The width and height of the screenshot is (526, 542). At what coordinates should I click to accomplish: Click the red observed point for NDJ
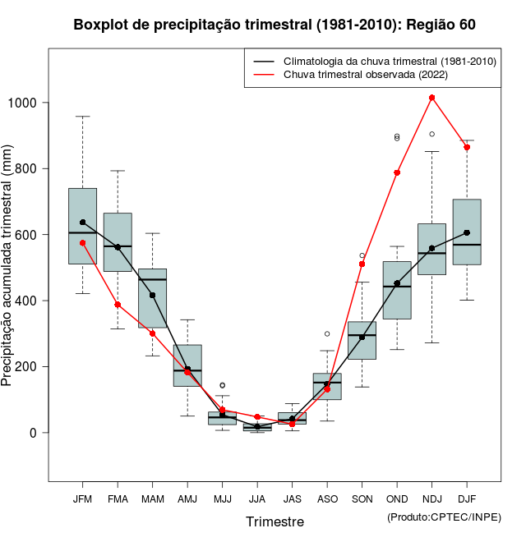point(431,98)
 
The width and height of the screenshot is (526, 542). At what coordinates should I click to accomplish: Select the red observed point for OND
point(397,172)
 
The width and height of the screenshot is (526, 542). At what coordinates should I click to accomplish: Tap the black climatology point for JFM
point(83,223)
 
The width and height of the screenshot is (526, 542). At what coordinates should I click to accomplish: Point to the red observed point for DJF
point(467,147)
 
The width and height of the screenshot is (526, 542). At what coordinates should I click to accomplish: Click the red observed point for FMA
point(118,305)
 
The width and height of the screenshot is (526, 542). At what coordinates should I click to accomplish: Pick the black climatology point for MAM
point(153,296)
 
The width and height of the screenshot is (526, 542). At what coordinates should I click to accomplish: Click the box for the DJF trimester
point(467,232)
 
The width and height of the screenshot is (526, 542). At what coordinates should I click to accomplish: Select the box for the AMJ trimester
point(187,365)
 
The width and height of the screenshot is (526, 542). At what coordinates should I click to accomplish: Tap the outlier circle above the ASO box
point(327,334)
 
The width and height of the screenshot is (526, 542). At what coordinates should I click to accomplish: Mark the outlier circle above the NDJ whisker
point(431,134)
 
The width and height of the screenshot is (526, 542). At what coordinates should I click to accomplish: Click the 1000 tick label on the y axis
point(25,103)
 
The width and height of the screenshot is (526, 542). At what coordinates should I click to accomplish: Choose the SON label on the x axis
point(362,499)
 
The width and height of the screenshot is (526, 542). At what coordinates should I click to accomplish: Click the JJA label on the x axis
point(257,499)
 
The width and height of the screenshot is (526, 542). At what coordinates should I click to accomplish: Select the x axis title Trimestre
point(275,521)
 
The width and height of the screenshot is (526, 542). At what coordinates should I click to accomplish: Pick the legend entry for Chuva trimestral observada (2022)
point(361,75)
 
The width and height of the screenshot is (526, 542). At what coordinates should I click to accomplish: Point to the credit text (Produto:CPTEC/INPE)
point(444,517)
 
